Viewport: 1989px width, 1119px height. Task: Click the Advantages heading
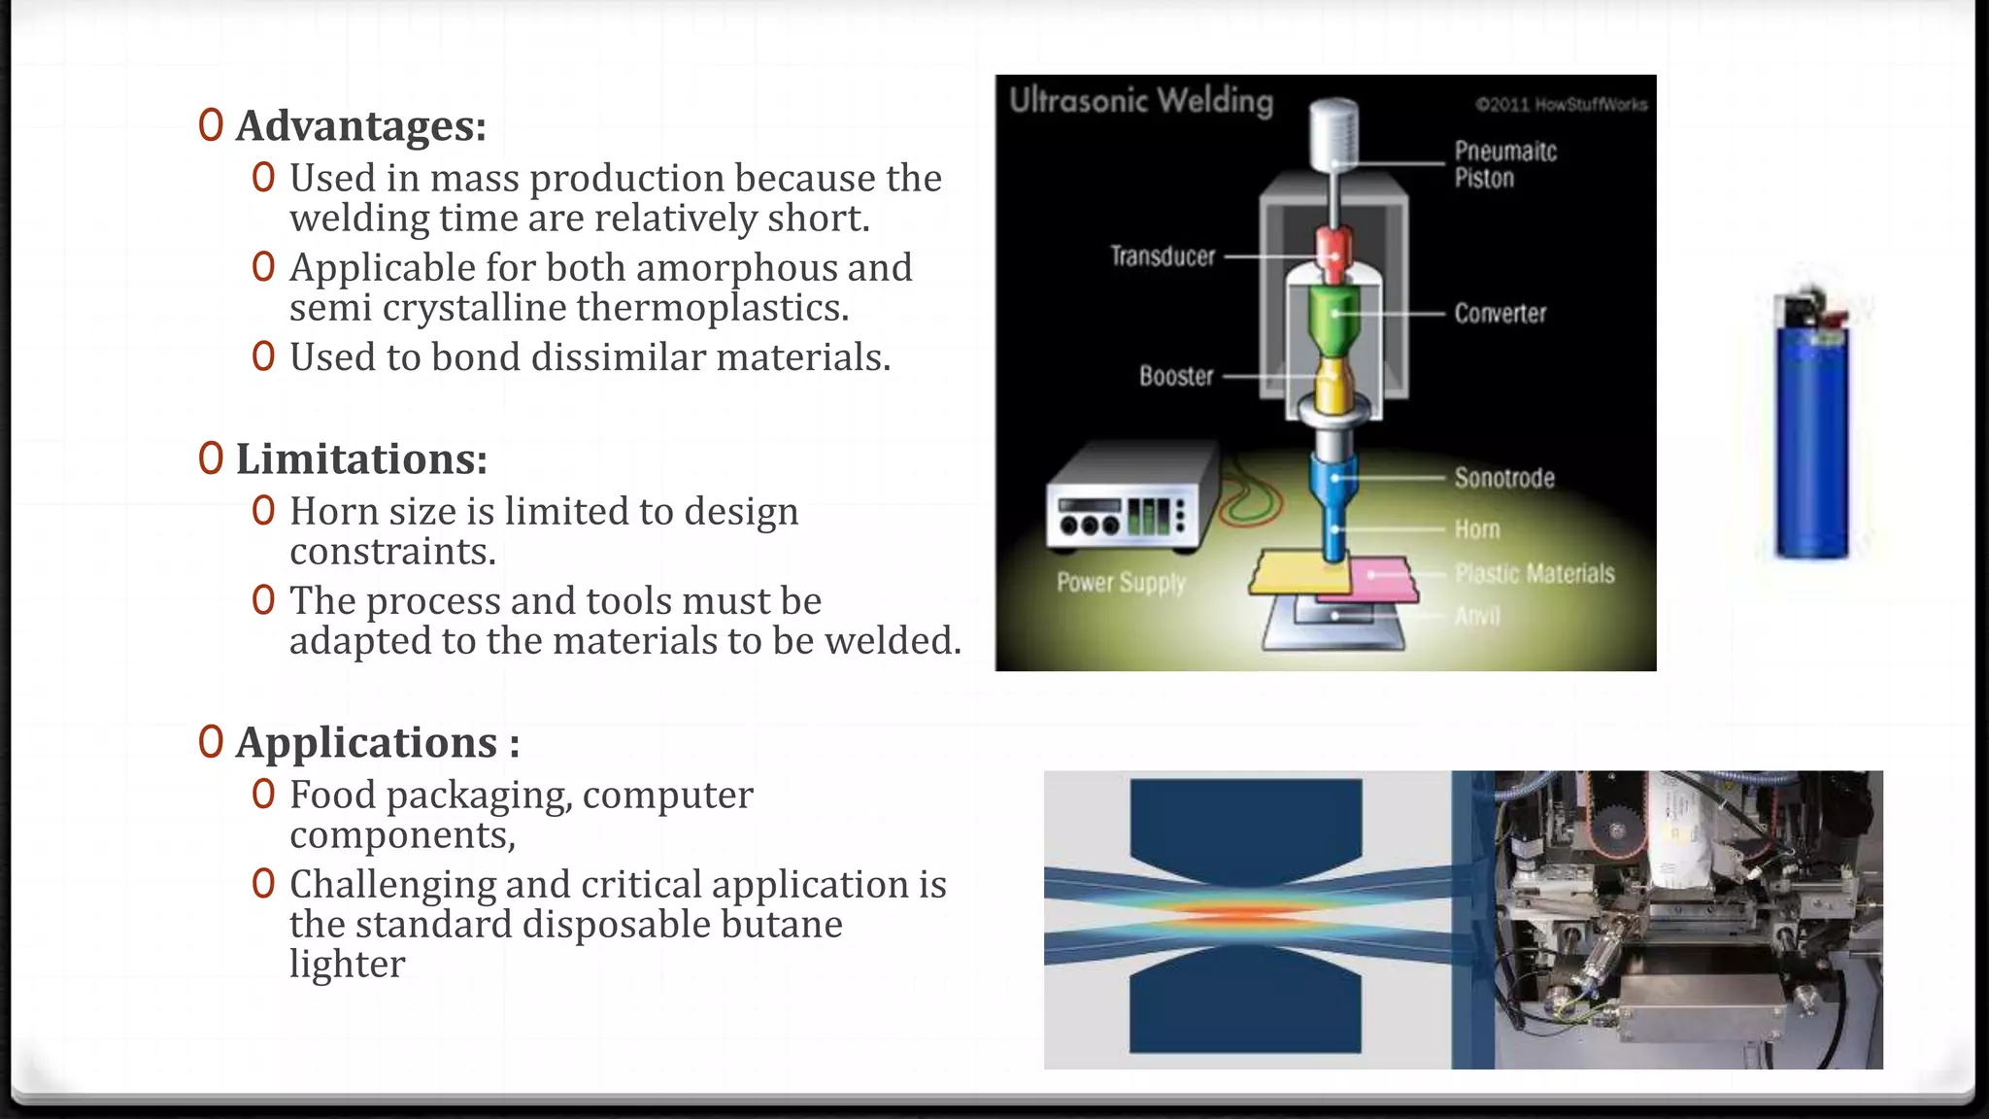tap(360, 126)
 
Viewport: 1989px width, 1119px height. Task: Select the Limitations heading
tap(361, 459)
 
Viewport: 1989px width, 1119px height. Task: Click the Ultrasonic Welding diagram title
tap(1141, 100)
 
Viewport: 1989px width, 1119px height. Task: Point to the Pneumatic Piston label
tap(1505, 164)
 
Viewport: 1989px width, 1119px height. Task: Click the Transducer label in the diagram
tap(1163, 256)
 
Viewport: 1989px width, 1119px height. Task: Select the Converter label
tap(1500, 314)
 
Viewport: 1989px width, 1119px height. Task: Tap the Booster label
tap(1176, 376)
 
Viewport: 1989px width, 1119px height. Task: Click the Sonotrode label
tap(1504, 478)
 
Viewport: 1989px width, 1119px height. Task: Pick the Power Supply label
tap(1121, 583)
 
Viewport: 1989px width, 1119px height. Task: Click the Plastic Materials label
tap(1534, 574)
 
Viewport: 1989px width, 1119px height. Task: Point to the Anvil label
tap(1477, 616)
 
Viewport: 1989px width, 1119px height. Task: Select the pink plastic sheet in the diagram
tap(1384, 578)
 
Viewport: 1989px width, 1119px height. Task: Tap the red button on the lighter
tap(1835, 316)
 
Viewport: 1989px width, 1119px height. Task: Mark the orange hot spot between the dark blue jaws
tap(1248, 915)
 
